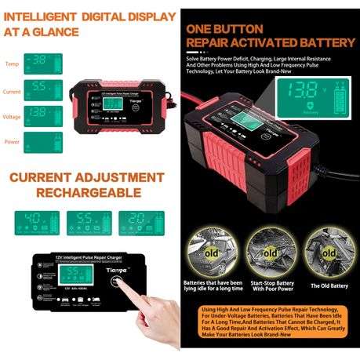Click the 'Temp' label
click(x=12, y=64)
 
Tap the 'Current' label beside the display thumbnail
click(x=13, y=91)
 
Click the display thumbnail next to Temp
click(x=43, y=62)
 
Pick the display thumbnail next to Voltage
click(x=43, y=115)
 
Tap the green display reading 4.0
click(x=34, y=221)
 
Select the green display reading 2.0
click(x=138, y=221)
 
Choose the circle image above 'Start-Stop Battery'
click(x=269, y=250)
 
